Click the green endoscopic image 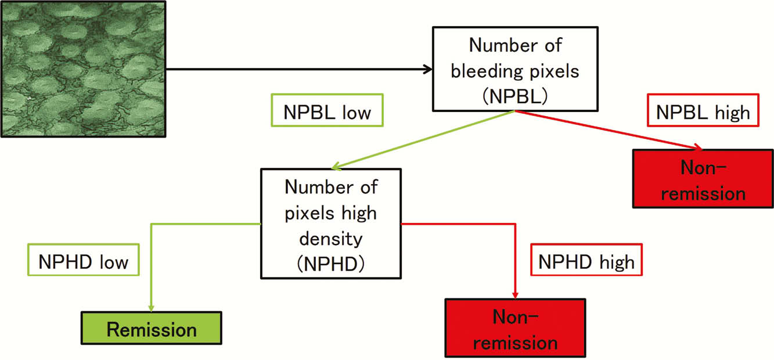83,69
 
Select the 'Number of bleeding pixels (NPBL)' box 515,69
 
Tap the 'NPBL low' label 327,110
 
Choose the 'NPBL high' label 703,110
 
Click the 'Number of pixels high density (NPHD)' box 331,224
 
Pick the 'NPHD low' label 84,260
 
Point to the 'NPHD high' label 586,260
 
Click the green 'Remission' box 152,328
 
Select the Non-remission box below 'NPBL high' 703,179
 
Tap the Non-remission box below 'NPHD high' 515,328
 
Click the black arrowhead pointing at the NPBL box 428,70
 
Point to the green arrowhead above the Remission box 151,308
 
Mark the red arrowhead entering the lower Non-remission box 515,295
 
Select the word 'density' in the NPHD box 331,239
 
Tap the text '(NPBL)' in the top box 515,96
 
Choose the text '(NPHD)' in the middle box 331,264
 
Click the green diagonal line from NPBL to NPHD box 423,140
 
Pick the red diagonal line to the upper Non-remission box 609,130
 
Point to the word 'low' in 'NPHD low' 114,262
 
